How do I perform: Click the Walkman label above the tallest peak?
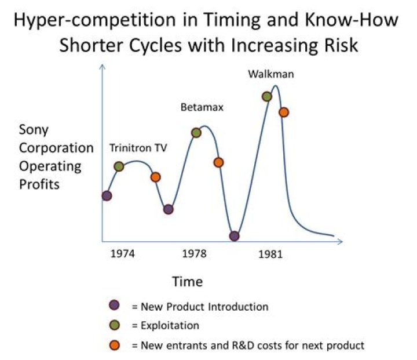271,74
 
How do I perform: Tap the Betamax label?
202,107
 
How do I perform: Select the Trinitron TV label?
138,148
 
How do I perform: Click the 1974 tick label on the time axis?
122,254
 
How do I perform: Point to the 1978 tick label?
194,254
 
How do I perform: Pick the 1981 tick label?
270,254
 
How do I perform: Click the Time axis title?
188,282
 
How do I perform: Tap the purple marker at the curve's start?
107,196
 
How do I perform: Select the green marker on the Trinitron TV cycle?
119,166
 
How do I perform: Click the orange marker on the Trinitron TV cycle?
156,177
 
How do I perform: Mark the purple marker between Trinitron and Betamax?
169,209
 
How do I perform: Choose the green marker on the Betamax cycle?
196,133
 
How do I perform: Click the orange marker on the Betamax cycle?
218,162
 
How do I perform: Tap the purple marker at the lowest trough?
235,236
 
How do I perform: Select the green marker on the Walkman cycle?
267,96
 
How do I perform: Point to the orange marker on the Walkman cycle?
284,112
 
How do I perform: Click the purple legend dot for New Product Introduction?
114,305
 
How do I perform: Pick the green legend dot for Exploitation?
115,325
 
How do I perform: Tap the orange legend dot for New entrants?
115,346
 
